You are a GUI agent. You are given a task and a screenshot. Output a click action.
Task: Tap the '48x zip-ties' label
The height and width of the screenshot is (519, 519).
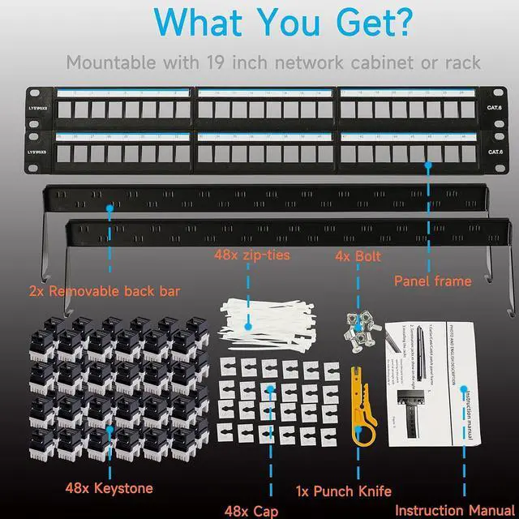coord(252,256)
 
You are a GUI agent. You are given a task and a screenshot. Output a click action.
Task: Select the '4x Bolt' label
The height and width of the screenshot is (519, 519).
coord(358,256)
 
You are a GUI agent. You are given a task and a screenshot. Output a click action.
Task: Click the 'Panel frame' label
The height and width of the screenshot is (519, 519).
coord(432,281)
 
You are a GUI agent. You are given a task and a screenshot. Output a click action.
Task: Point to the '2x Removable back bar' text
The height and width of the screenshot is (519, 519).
coord(104,291)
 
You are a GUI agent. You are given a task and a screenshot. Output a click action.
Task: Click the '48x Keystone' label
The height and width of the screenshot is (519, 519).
coord(108,488)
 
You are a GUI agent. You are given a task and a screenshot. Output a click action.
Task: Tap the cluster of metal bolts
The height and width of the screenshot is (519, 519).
coord(358,329)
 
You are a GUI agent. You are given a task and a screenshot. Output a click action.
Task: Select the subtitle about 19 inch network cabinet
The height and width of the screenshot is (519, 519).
coord(273,62)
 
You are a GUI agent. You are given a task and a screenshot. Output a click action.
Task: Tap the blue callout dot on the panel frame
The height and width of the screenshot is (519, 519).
coord(427,164)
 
